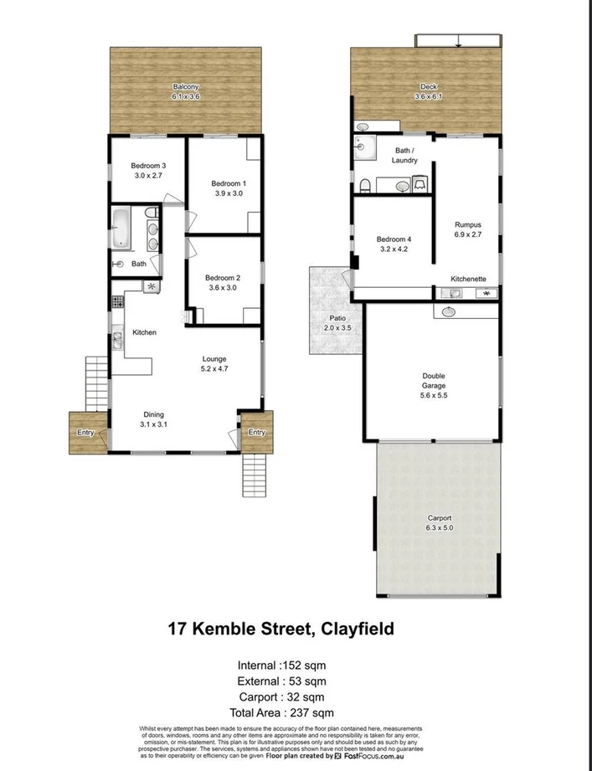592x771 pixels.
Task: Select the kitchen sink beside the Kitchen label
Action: (x=117, y=339)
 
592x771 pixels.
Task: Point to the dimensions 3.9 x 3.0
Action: (x=229, y=193)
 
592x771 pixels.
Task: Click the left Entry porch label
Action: (x=85, y=432)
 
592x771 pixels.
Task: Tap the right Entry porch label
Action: (x=256, y=432)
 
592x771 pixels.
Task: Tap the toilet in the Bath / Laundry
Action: (x=365, y=184)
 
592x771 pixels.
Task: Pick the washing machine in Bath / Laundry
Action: (x=420, y=182)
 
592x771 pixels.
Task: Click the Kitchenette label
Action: (x=467, y=278)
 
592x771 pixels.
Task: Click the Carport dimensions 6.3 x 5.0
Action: (x=440, y=528)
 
